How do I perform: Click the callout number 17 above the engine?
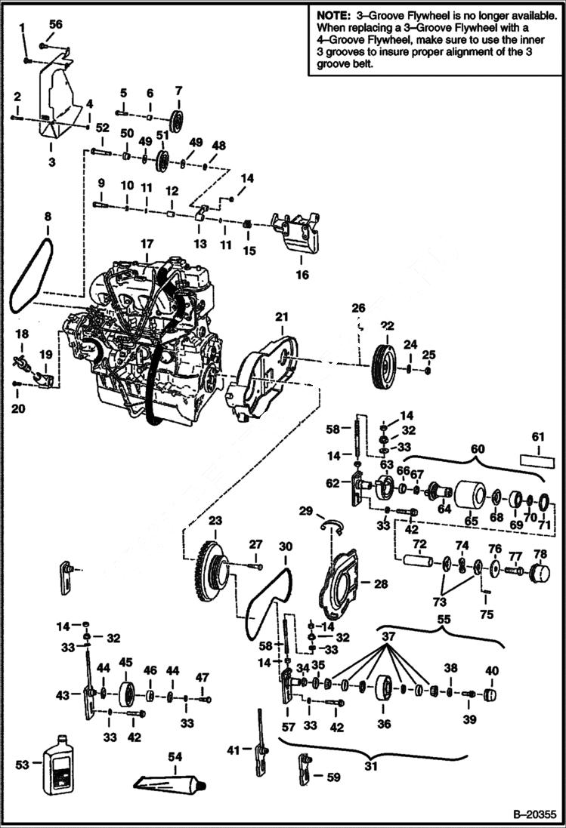click(146, 244)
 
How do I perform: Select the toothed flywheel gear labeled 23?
click(210, 571)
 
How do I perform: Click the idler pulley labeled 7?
click(178, 120)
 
